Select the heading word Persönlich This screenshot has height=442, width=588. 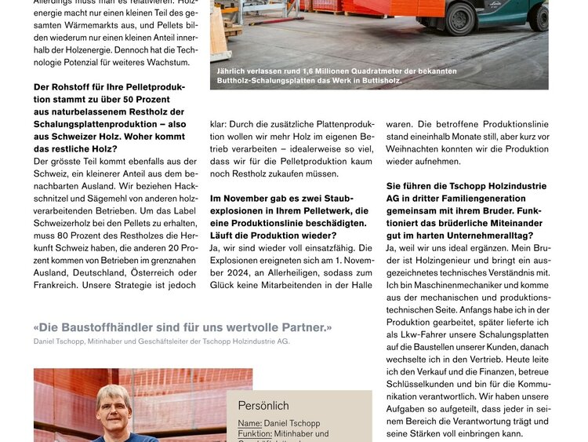263,406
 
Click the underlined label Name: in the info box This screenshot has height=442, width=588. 251,423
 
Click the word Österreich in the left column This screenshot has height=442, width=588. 155,272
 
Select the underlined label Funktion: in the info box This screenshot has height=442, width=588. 255,433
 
